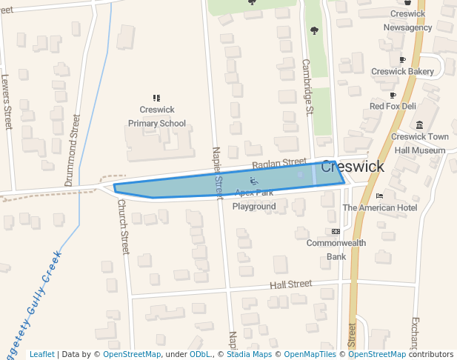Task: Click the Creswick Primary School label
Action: (x=156, y=117)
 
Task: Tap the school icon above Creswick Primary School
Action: (x=156, y=98)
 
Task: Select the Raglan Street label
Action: (x=278, y=163)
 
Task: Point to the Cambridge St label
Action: (x=308, y=87)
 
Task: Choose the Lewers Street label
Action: (x=7, y=101)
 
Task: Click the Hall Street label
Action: (x=290, y=284)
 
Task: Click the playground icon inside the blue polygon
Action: (x=254, y=181)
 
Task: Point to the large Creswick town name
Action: (x=353, y=167)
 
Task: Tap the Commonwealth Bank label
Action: (x=336, y=250)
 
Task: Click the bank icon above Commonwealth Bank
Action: (x=336, y=231)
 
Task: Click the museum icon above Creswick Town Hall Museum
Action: (x=420, y=124)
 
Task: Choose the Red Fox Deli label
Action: (x=393, y=107)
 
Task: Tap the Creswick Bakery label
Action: (x=402, y=72)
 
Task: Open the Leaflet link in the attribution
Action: (x=41, y=355)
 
